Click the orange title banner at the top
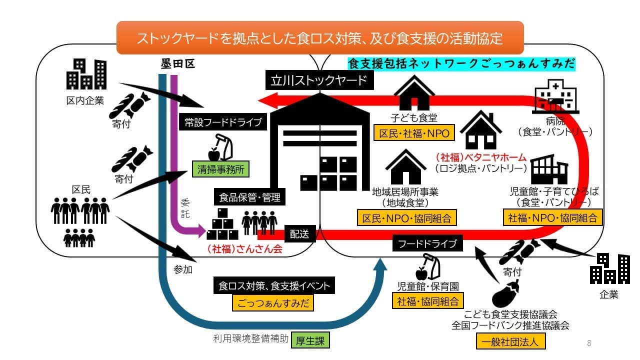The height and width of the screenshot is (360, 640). pyautogui.click(x=320, y=38)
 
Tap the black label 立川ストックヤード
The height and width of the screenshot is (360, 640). pyautogui.click(x=319, y=80)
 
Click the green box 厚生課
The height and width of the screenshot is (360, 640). pyautogui.click(x=310, y=341)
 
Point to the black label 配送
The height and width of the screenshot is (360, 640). pyautogui.click(x=300, y=233)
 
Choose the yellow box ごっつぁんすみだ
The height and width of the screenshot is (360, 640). pyautogui.click(x=273, y=302)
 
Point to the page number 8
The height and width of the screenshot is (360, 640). pyautogui.click(x=589, y=343)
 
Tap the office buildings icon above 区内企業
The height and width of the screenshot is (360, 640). pyautogui.click(x=86, y=74)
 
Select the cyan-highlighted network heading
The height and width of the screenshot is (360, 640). pyautogui.click(x=461, y=64)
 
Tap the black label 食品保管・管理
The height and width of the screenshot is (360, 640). pyautogui.click(x=250, y=197)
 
